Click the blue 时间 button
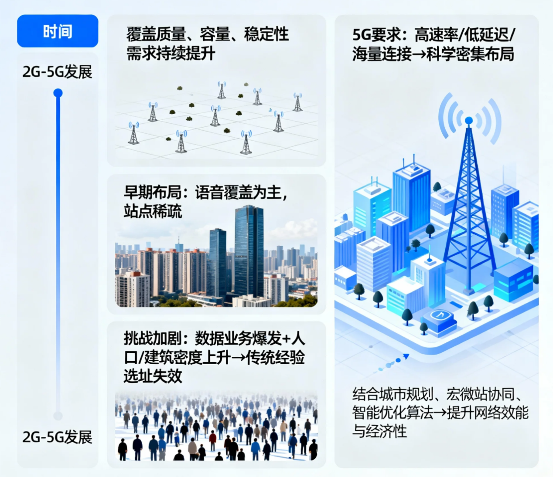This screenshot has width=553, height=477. tap(58, 31)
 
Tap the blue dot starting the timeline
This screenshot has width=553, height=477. tap(58, 93)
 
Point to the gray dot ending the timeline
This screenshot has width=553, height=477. tap(58, 416)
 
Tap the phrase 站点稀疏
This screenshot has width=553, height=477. tap(153, 211)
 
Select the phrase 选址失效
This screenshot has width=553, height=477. tap(153, 376)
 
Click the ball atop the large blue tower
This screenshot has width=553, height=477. tap(469, 120)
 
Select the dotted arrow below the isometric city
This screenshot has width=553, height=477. tap(393, 363)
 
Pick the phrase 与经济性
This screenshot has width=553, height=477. tap(379, 431)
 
